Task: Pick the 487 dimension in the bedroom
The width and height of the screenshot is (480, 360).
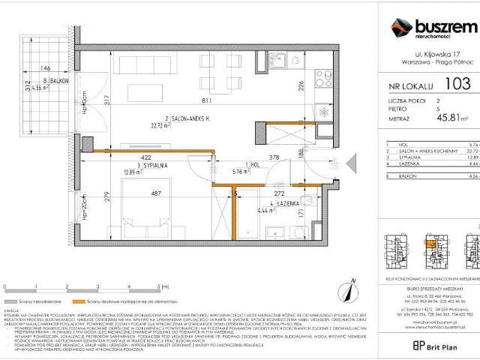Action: [156, 193]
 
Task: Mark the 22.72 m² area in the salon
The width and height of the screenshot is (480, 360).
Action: [161, 125]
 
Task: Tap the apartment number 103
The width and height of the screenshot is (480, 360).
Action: [454, 85]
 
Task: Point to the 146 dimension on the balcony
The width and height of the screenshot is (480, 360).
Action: [45, 67]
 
